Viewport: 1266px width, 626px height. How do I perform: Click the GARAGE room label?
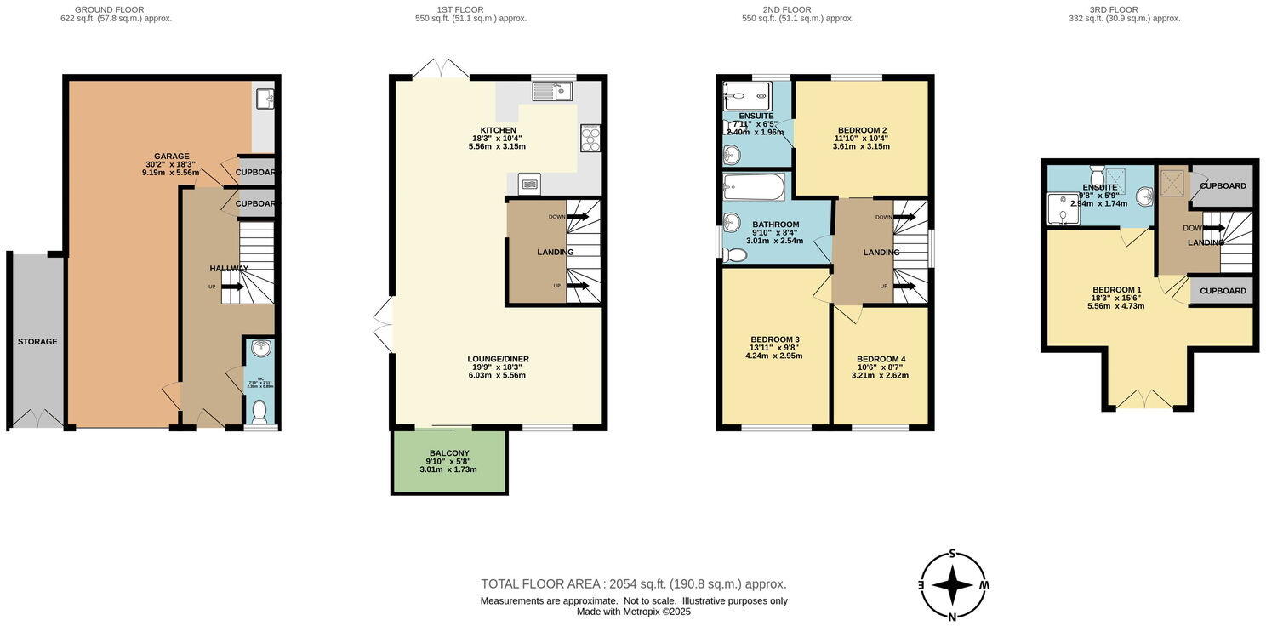click(171, 156)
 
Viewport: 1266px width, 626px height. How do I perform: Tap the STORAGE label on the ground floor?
click(37, 342)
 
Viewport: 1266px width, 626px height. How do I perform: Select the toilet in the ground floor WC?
click(259, 412)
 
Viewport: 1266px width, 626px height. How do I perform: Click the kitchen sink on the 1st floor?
click(552, 90)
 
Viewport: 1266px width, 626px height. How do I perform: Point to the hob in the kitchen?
click(590, 138)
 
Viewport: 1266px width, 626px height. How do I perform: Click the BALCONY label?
click(448, 453)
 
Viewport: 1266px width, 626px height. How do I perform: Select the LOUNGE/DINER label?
click(498, 359)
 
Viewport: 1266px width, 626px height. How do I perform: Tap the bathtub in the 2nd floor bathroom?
click(754, 186)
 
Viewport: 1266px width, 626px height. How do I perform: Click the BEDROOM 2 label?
click(861, 130)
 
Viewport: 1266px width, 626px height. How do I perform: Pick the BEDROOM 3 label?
click(773, 339)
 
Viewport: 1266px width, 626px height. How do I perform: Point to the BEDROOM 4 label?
click(881, 359)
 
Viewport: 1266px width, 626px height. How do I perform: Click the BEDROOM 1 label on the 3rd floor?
click(1115, 290)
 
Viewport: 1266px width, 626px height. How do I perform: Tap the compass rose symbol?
click(953, 585)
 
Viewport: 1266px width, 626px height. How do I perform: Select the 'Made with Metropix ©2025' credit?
click(633, 612)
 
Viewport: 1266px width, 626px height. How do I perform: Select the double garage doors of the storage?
click(37, 418)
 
